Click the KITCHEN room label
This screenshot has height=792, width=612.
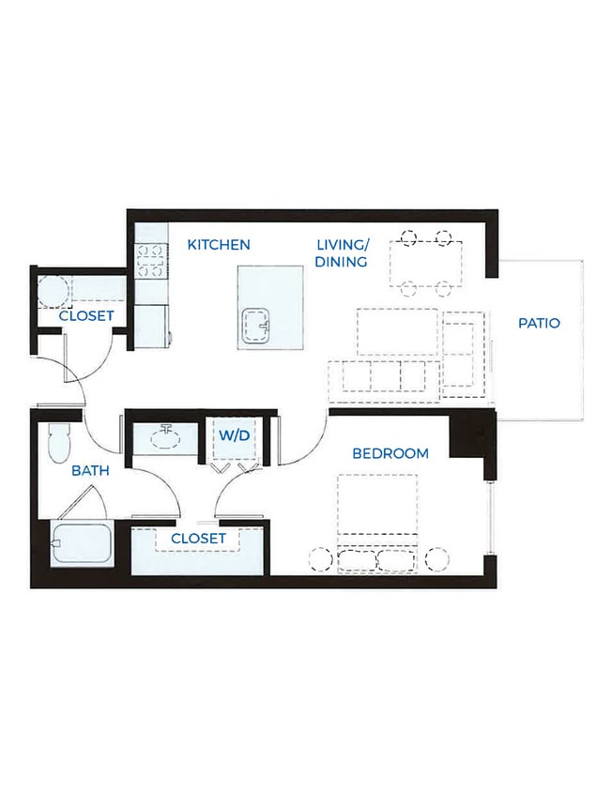219,245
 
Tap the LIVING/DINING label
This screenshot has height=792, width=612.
342,253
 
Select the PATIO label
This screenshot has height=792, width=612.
539,323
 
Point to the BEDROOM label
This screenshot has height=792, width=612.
390,453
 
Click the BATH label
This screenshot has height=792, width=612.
90,471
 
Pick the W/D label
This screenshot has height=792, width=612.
235,434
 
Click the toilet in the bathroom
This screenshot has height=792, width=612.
58,443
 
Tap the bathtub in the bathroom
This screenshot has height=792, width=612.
82,543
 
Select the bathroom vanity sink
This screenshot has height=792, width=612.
165,437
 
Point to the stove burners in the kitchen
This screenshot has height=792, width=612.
151,260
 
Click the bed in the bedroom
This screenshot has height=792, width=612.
377,523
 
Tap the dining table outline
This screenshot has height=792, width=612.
426,264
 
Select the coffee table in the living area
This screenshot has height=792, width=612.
398,331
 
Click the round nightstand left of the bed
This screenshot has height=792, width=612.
321,559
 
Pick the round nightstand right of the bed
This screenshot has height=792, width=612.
437,559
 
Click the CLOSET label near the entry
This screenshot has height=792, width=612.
86,316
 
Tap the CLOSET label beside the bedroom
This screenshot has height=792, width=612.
199,539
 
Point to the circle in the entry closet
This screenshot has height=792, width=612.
53,292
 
